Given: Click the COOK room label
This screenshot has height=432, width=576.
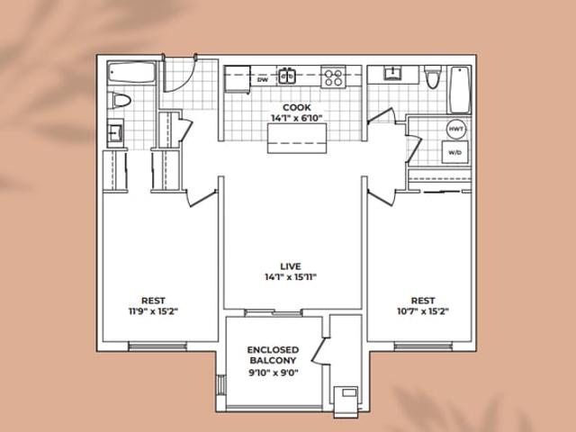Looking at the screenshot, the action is pos(297,108).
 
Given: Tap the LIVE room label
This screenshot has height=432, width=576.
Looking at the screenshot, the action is pos(291,266).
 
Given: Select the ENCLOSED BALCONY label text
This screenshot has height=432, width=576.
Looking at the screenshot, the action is pos(273,355).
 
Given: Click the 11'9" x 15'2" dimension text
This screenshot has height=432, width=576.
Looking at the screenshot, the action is pos(153,311).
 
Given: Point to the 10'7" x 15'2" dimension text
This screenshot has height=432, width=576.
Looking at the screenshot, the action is pos(423,311).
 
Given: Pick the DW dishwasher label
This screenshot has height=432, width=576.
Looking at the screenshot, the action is pos(263,79).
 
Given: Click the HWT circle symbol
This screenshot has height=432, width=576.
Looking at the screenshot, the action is pos(456,130).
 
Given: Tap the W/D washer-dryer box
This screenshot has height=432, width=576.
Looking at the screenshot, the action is pos(454,152).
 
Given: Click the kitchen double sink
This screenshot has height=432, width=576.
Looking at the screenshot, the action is pos(287,76).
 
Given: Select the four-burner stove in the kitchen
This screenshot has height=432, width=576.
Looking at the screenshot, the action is pos(334,77).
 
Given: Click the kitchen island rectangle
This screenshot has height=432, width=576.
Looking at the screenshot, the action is pos(297,138).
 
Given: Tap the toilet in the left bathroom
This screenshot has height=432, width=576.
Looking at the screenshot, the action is pos(121,100).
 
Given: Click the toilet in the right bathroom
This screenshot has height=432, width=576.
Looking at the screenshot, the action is pos(432,76).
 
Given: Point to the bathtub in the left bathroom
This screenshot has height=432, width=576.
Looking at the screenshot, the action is pos(132,73).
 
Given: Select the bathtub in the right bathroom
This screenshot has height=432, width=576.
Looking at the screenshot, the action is pos(460,90).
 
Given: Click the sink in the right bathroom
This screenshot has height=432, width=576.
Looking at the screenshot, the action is pos(392,73).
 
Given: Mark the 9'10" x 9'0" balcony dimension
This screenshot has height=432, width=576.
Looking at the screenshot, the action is pos(274,373).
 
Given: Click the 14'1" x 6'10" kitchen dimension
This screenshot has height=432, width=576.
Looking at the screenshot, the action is pos(297,118).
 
